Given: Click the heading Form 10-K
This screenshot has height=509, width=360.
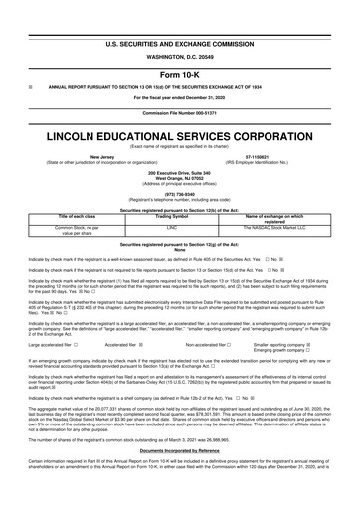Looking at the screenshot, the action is coord(180,48).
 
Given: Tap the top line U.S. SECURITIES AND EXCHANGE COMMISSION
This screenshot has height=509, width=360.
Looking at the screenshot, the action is coord(180,17).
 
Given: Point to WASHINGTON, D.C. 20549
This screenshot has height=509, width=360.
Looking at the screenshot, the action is coord(180,30).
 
